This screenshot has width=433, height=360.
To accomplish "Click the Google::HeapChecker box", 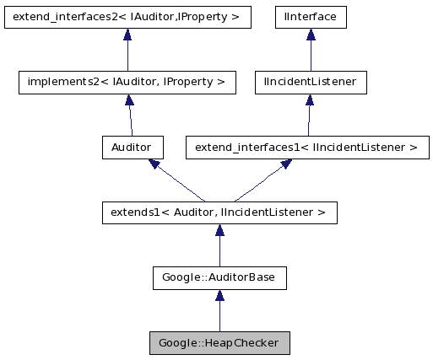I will (x=219, y=342).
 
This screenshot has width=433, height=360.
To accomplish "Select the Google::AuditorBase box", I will (x=219, y=277).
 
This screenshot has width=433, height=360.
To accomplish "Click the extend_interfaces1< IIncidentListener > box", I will (x=306, y=148).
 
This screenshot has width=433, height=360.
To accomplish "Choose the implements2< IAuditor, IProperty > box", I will (x=127, y=82).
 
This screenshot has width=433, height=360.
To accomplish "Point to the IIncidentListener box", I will (x=311, y=82).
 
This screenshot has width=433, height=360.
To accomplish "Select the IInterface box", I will (x=311, y=16).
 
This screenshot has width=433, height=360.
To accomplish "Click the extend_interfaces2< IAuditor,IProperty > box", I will (x=127, y=16).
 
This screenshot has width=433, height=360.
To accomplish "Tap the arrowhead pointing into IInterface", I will (x=311, y=35).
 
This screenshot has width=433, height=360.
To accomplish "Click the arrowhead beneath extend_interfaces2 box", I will (x=127, y=35).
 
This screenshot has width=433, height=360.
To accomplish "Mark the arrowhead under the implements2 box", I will (x=128, y=100).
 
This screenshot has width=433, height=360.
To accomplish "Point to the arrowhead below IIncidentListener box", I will (x=311, y=100).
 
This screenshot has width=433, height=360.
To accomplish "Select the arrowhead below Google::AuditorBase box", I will (x=219, y=296).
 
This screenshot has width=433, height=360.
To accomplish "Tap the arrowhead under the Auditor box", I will (x=154, y=164).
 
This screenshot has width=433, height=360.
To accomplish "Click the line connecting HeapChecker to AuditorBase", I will (x=219, y=316).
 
